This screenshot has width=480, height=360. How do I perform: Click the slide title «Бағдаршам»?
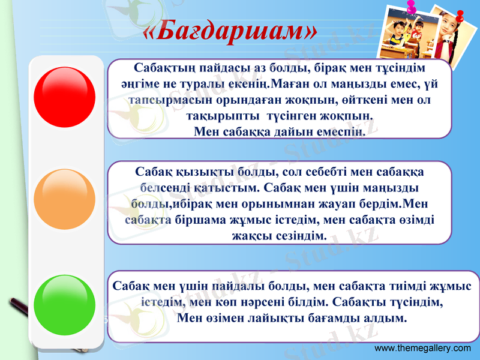point(230,30)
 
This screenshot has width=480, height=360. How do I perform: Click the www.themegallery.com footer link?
point(422,349)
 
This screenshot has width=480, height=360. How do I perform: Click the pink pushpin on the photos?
point(412,8)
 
